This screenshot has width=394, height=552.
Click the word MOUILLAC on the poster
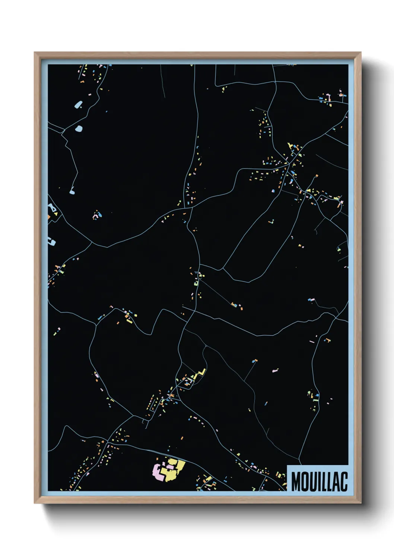319,481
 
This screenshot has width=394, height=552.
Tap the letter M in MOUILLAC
296,481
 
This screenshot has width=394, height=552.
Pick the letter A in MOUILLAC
336,481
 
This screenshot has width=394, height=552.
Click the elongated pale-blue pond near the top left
78,104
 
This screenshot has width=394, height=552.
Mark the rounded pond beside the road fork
79,129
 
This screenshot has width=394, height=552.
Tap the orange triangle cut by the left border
49,216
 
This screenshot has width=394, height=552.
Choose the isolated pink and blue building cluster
97,215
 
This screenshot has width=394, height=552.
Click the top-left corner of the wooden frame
35,53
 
